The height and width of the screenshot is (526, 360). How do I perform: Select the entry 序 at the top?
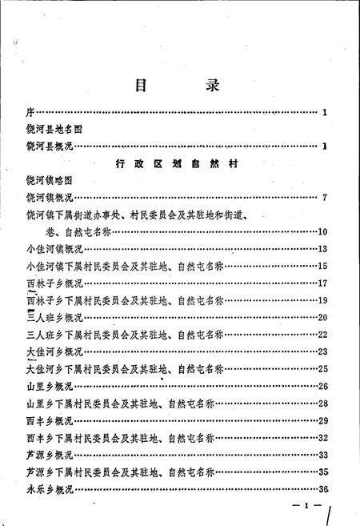pos(30,112)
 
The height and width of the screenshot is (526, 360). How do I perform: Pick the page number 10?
pos(323,232)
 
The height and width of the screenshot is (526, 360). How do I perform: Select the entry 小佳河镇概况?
pos(56,250)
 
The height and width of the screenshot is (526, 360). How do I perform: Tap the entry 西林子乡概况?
pos(56,283)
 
